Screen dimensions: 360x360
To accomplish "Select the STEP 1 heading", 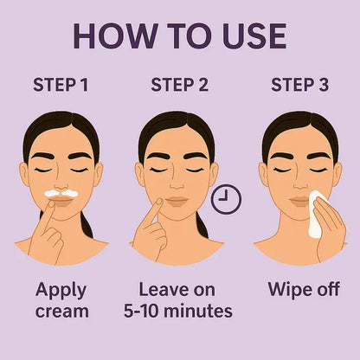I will pos(61,85).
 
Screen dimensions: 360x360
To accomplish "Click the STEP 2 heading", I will pos(179,85).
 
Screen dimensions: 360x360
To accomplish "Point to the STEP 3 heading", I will pos(299,85).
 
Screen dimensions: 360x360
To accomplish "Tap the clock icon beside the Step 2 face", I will pos(226,200).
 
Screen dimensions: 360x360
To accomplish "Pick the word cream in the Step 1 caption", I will pos(61,310).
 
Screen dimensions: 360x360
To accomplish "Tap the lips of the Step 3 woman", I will pos(298,201).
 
